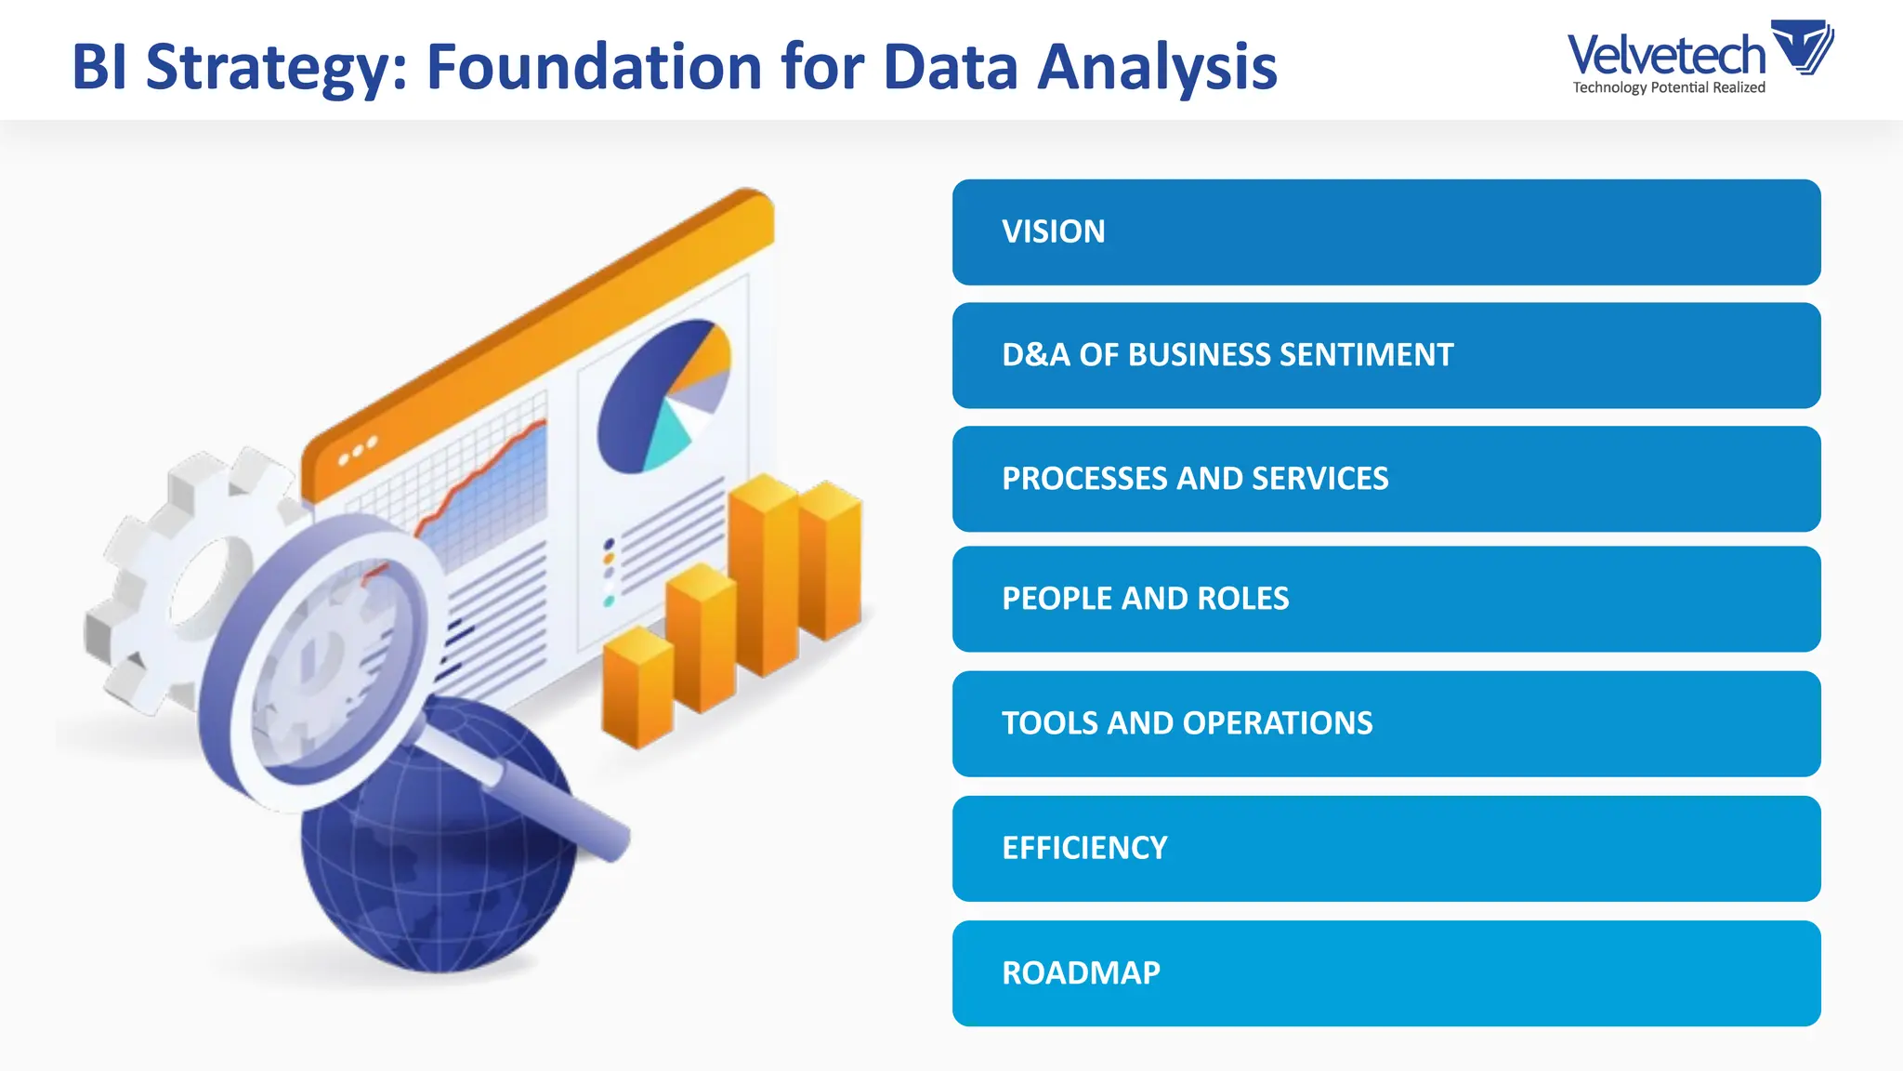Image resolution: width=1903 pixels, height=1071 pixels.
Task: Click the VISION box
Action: [1385, 232]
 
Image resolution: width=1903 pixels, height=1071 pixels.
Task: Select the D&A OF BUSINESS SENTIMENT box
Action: [1385, 355]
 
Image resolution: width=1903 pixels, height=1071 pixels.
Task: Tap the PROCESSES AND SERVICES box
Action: [1385, 479]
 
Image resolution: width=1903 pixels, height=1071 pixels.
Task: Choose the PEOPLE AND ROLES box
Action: [1385, 599]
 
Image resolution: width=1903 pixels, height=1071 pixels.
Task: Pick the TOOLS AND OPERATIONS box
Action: [1385, 723]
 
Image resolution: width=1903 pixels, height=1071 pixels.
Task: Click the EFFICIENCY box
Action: [1385, 848]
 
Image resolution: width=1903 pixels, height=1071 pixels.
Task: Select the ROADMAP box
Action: [1385, 972]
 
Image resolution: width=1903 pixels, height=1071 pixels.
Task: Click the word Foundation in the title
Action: [595, 67]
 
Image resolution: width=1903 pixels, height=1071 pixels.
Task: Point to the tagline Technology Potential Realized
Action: [1668, 87]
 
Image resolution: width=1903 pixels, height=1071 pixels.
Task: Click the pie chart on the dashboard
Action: [662, 395]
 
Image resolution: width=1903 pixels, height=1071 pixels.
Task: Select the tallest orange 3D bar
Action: [764, 576]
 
